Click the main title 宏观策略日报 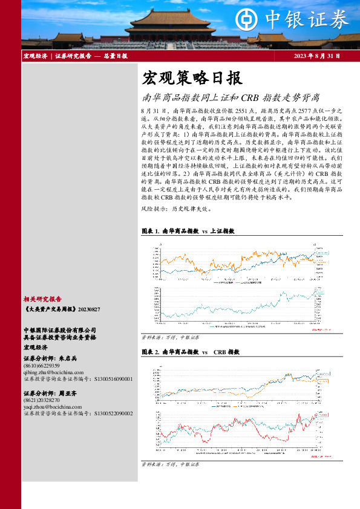[192, 78]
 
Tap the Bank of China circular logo [245, 19]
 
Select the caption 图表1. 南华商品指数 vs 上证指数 [188, 232]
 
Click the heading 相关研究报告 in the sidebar [42, 299]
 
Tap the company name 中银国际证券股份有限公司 [60, 330]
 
